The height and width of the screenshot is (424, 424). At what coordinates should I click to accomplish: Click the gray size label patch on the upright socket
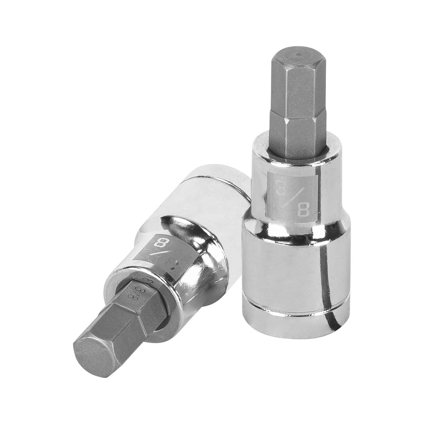point(292,196)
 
